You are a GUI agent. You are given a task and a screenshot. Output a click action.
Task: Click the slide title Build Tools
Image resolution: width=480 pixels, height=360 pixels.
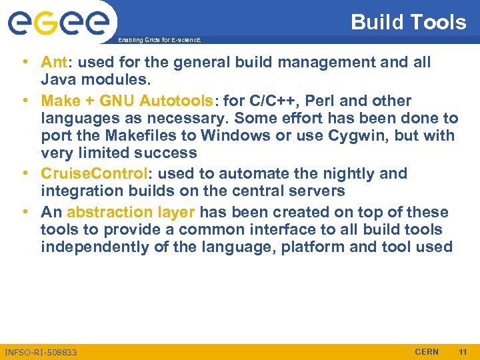(408, 22)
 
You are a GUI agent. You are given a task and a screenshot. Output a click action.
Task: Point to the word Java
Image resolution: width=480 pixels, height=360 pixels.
(57, 81)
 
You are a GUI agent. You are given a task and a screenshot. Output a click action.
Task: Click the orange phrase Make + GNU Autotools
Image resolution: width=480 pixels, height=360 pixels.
(125, 101)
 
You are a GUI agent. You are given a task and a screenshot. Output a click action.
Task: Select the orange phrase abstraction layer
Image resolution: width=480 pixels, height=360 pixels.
(131, 212)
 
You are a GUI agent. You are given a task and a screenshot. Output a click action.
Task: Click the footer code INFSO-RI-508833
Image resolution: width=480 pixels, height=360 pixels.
(41, 352)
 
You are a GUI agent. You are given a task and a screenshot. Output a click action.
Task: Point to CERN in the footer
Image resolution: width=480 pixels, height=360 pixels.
(427, 351)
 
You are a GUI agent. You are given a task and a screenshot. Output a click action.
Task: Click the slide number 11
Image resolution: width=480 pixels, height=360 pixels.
(463, 351)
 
